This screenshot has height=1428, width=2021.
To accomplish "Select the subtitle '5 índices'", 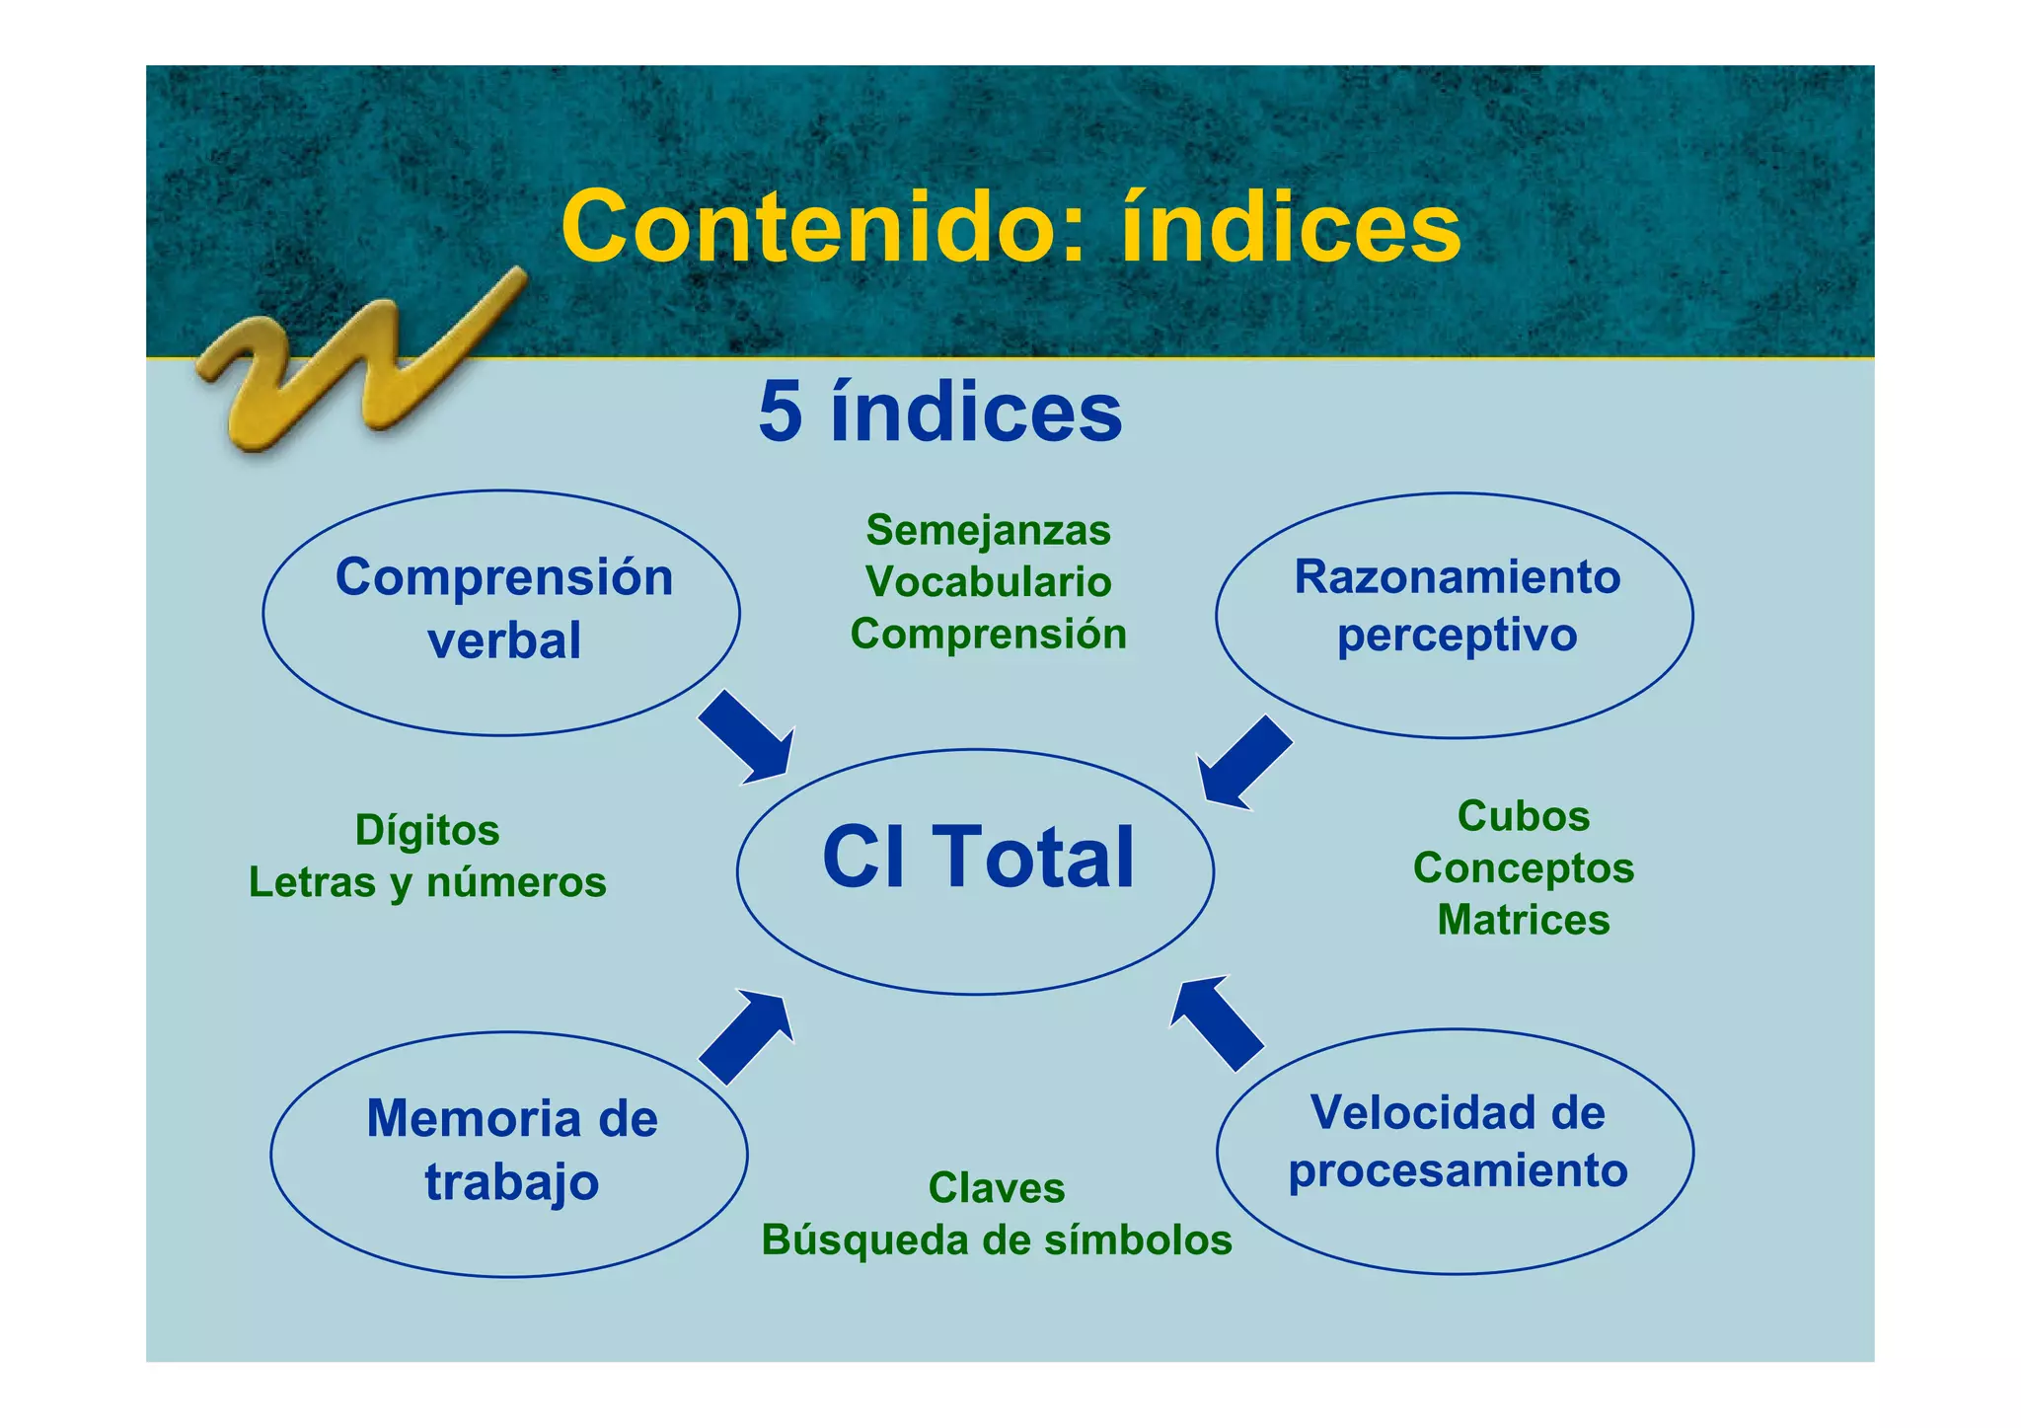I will [940, 413].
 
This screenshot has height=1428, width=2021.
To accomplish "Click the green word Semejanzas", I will [989, 530].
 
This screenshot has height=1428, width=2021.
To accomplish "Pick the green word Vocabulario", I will [989, 582].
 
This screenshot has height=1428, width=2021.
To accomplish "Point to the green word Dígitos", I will [427, 830].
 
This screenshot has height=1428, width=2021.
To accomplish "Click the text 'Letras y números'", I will [427, 882].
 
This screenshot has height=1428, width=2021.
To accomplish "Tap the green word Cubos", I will [1524, 816].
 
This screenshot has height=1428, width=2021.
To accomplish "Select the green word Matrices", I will [1524, 920].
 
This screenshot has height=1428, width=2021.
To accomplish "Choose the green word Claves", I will [997, 1188].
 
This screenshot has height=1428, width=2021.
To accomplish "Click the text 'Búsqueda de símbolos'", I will [997, 1240].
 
